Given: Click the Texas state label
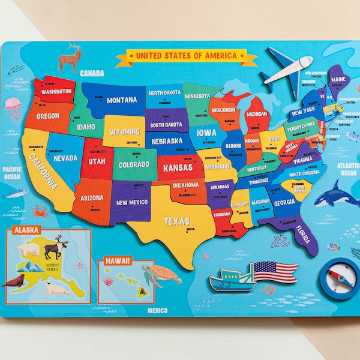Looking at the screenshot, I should click(x=176, y=221).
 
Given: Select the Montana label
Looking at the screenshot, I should click(x=121, y=100).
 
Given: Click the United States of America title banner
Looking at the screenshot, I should click(x=187, y=56).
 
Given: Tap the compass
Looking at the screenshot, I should click(x=339, y=277).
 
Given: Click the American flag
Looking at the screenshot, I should click(x=274, y=271).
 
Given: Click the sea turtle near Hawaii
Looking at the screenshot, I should click(x=161, y=275).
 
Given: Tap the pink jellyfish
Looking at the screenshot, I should click(x=13, y=108).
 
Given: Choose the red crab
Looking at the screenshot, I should click(x=41, y=211).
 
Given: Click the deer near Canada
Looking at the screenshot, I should click(x=70, y=58).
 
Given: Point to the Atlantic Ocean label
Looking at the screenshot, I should click(x=348, y=169).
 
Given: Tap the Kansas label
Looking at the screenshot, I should click(x=177, y=167).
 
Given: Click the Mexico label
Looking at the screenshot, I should click(x=158, y=311).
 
